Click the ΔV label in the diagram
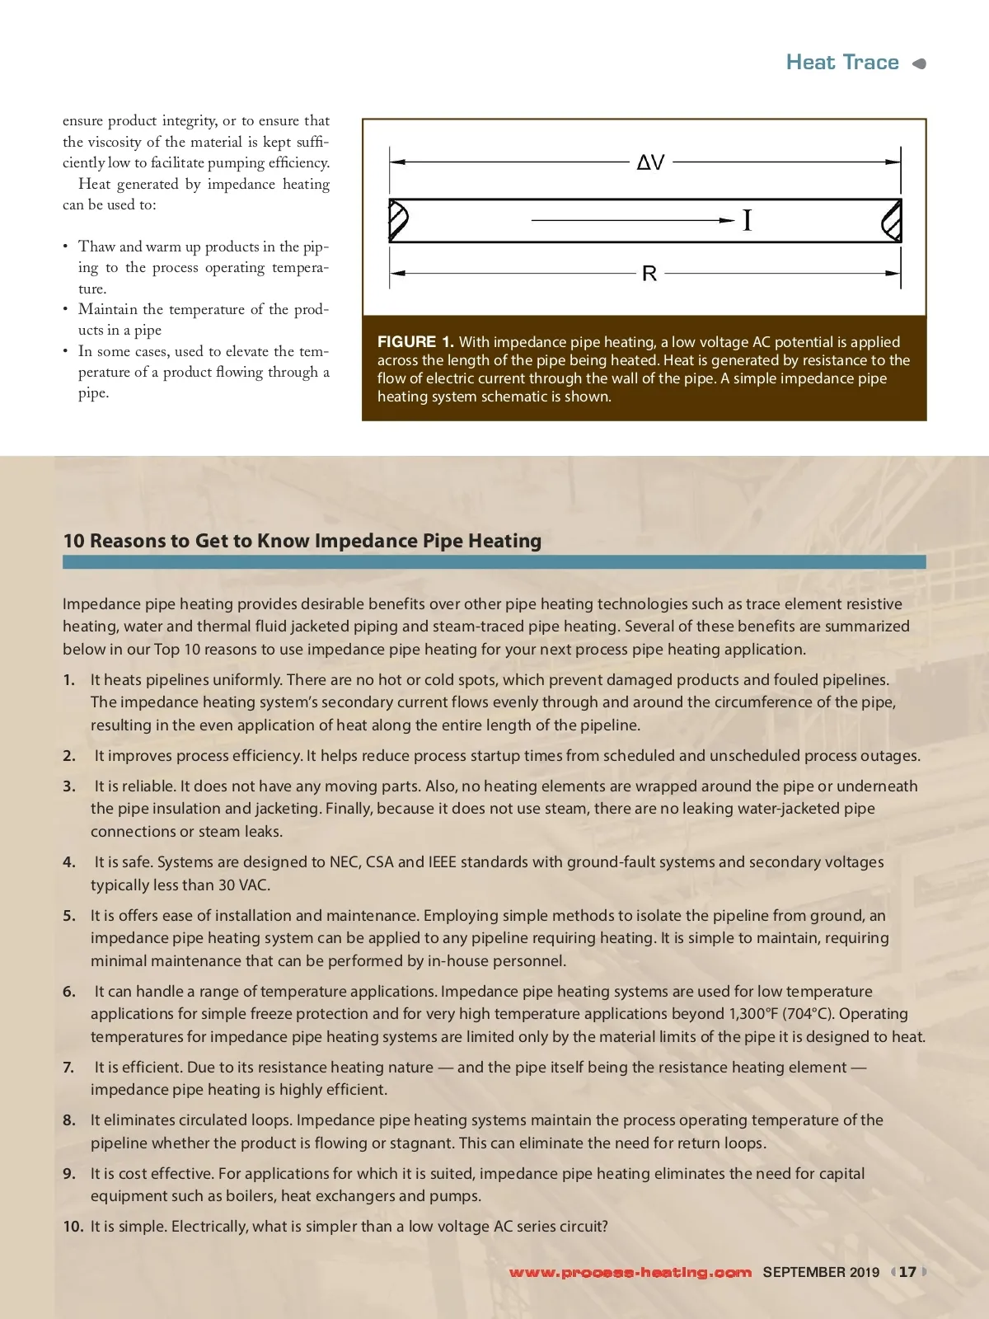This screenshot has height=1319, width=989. pos(650,162)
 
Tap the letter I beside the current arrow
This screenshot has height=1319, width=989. pos(747,221)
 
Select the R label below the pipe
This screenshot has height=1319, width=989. pos(649,274)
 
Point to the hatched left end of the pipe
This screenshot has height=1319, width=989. pos(398,220)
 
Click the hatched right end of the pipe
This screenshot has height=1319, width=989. pos(892,221)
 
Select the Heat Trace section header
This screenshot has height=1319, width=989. pos(841,63)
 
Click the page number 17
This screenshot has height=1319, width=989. pos(907,1272)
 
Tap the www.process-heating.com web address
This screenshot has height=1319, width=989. pos(630,1272)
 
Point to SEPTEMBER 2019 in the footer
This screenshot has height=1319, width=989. pos(821,1272)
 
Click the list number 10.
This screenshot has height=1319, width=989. pos(73,1227)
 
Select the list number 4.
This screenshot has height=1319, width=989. pos(69,862)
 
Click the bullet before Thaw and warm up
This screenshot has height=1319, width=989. pos(66,247)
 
